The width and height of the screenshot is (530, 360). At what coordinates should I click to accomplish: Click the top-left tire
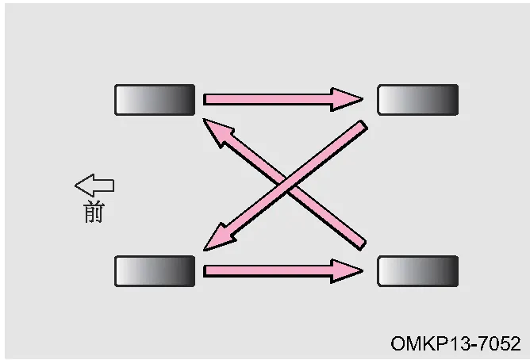pos(155,100)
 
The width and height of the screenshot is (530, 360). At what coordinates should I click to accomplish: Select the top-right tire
pos(418,100)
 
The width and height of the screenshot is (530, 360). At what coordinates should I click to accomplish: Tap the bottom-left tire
pos(155,271)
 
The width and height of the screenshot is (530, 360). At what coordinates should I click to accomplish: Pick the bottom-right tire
pos(418,271)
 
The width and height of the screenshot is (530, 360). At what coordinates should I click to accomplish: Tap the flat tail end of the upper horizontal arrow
pos(205,99)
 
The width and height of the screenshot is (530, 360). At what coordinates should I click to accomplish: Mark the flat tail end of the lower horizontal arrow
pos(205,271)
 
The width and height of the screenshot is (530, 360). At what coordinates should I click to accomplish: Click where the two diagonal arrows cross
pos(286,185)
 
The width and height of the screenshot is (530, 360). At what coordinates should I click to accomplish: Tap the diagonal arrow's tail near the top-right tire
pos(364,124)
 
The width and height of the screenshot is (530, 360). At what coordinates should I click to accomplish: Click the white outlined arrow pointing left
pos(94,186)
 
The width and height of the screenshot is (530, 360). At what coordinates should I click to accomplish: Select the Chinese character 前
pos(94,212)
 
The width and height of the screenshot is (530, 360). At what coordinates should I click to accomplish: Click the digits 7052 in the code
pos(500,343)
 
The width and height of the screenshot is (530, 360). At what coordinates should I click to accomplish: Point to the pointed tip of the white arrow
pos(75,186)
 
